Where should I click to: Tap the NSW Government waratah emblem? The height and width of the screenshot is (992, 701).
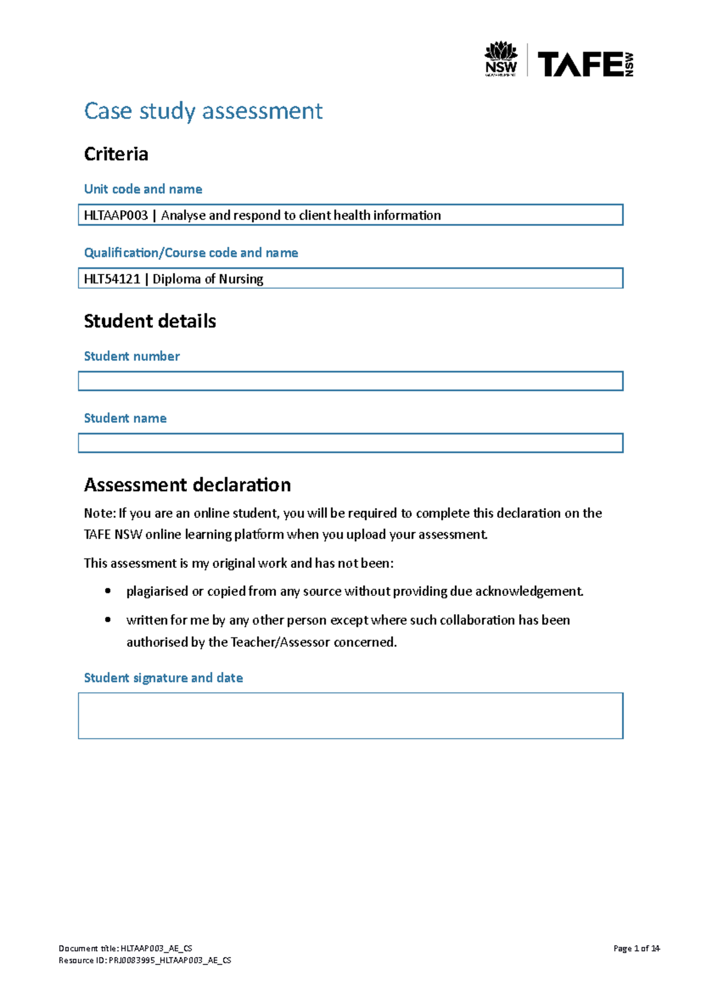tap(501, 51)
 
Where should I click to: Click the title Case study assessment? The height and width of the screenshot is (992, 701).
tap(203, 111)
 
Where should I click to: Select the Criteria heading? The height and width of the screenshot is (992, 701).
tap(116, 154)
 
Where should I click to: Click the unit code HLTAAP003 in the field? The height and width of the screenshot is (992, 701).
tap(116, 216)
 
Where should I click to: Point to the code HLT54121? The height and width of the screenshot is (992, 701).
tap(112, 279)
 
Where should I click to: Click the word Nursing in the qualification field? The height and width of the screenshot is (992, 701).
tap(241, 279)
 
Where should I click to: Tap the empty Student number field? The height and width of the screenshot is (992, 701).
tap(350, 381)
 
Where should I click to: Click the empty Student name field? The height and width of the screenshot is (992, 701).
tap(350, 443)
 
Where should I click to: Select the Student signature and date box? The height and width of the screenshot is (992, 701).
tap(350, 716)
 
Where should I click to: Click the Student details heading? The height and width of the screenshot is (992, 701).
tap(150, 321)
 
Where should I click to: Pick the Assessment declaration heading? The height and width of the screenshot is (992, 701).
tap(187, 485)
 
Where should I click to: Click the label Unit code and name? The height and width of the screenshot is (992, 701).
tap(143, 189)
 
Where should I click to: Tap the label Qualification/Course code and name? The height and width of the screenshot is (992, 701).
tap(191, 253)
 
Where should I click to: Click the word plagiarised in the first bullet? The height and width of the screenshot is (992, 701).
tap(157, 592)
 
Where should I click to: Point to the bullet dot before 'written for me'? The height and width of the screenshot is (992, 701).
tap(107, 620)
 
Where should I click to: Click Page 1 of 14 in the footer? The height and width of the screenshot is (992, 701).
tap(636, 949)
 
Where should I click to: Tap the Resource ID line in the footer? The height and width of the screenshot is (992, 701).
tap(145, 960)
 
